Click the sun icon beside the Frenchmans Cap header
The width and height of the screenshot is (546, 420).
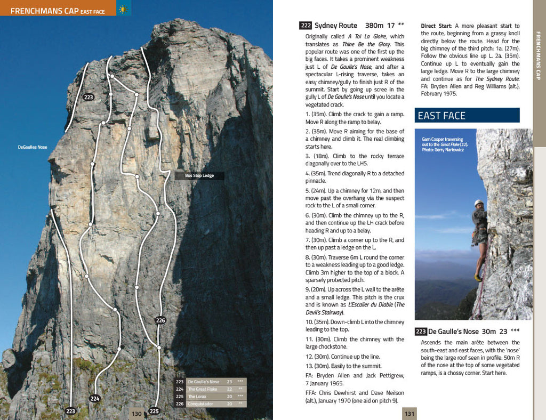click(x=123, y=9)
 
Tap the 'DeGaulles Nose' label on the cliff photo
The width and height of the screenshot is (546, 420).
click(x=33, y=147)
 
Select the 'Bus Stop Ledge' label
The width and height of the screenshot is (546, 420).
click(x=199, y=175)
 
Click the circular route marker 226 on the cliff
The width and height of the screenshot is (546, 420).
click(x=160, y=320)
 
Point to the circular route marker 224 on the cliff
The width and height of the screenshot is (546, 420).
click(x=95, y=398)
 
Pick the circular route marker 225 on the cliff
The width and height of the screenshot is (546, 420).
click(x=154, y=411)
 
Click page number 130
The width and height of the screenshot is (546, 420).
click(x=137, y=414)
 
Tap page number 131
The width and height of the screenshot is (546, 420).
click(x=409, y=414)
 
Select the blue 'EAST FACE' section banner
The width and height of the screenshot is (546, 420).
click(x=467, y=116)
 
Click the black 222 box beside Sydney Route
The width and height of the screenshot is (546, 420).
click(x=306, y=26)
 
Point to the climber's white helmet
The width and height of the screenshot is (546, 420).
click(x=479, y=203)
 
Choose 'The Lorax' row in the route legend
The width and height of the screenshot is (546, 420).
click(x=197, y=397)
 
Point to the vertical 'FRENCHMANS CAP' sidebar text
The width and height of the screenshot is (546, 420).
click(x=539, y=56)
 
